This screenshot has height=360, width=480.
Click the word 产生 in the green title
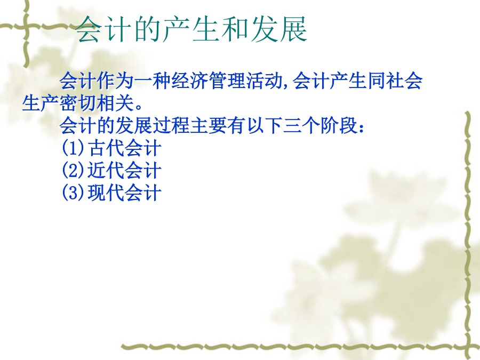[191, 29]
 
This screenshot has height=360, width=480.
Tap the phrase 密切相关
[96, 103]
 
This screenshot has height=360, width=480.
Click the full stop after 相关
[139, 107]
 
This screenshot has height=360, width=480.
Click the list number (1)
[73, 148]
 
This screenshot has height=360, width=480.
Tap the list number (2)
[73, 170]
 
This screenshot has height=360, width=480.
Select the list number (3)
[73, 193]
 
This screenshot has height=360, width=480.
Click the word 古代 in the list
[106, 148]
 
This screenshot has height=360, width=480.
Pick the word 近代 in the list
[106, 170]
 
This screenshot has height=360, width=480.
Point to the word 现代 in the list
[106, 193]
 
